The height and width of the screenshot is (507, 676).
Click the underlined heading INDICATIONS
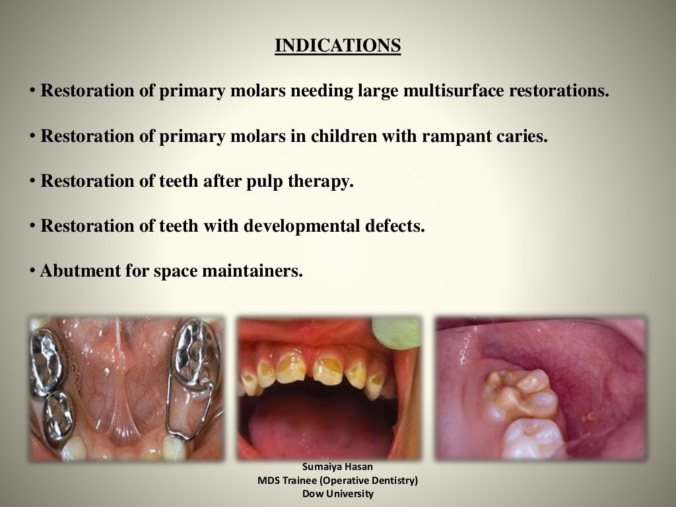pos(337,46)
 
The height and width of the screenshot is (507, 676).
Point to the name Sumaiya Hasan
pos(337,470)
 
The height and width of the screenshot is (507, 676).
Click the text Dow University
pos(337,494)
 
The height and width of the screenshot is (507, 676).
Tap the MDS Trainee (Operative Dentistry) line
pos(337,482)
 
